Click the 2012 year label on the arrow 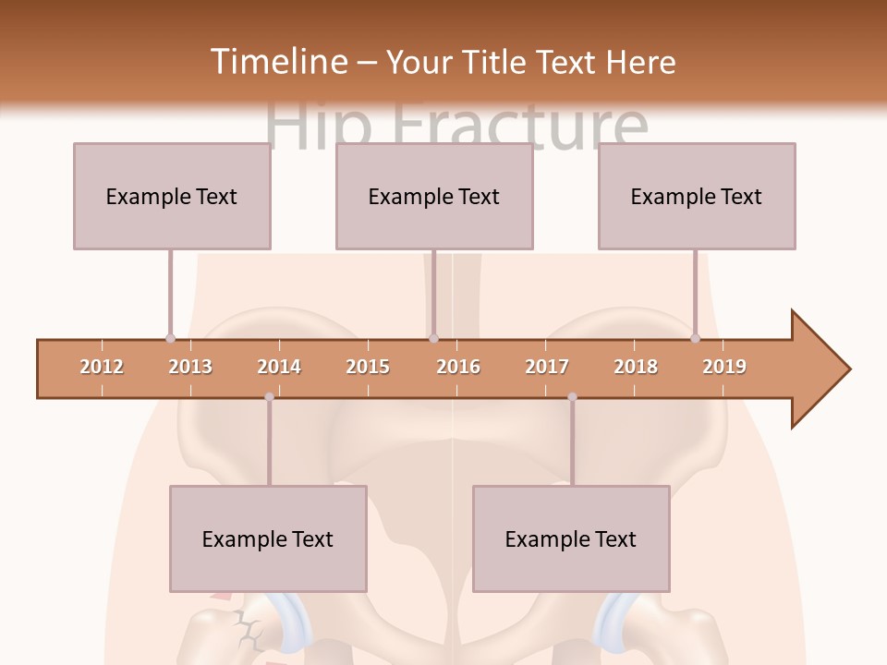[102, 367]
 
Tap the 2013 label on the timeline [190, 367]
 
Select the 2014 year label [279, 367]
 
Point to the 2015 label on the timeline [368, 367]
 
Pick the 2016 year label [458, 367]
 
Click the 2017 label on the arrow [547, 367]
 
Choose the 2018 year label [636, 367]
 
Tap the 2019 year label [724, 367]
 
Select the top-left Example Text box [172, 196]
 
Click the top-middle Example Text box [434, 196]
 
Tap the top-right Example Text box [697, 196]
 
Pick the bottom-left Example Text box [268, 538]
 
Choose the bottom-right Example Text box [571, 538]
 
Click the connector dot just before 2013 [170, 338]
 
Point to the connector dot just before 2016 [433, 338]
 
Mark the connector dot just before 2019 [695, 338]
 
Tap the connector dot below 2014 [269, 397]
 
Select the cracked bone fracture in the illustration [248, 632]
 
